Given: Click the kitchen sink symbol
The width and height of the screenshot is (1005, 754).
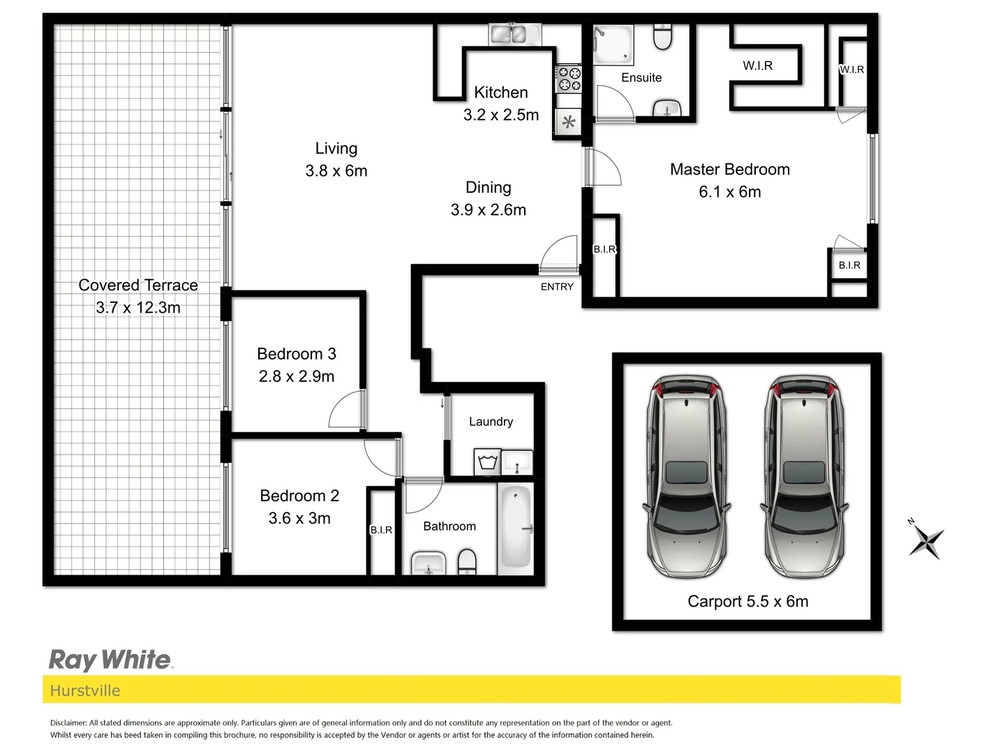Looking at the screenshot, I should [508, 33].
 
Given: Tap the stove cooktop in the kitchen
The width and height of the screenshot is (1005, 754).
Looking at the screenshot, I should [569, 78].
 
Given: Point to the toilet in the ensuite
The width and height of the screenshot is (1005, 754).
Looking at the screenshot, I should [662, 37].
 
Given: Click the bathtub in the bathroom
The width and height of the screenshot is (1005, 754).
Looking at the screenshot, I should [516, 527].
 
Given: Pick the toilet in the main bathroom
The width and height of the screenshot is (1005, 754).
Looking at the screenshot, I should [467, 561].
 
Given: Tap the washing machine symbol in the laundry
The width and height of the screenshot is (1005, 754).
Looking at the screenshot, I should [486, 462].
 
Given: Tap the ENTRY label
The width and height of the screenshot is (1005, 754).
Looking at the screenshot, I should [557, 286].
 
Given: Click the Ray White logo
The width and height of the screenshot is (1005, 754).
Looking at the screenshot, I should [110, 660].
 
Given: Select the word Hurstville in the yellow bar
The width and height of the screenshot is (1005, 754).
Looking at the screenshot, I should [85, 690].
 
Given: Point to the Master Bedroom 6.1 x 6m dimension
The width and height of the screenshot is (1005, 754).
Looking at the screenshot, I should [730, 192].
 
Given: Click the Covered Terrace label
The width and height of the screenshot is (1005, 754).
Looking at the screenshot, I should [138, 285].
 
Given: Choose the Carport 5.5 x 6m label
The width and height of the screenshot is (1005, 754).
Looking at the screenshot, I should [747, 601].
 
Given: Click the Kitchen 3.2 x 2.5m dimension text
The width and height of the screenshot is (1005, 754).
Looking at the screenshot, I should [501, 115].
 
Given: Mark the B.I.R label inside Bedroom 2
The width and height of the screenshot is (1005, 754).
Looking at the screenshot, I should [381, 530].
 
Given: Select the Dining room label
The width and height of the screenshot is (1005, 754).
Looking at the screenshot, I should [489, 187].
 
